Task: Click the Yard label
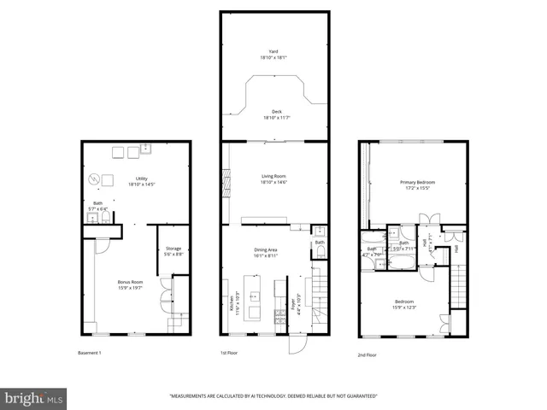pos(273,54)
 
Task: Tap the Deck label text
pos(275,114)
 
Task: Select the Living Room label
pos(273,179)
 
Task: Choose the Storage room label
pos(173,251)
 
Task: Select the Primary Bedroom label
pos(414,184)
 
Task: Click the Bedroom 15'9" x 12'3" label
pos(403,304)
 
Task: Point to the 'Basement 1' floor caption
pos(89,352)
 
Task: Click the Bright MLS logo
pos(34,398)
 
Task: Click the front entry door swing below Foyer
pos(296,344)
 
